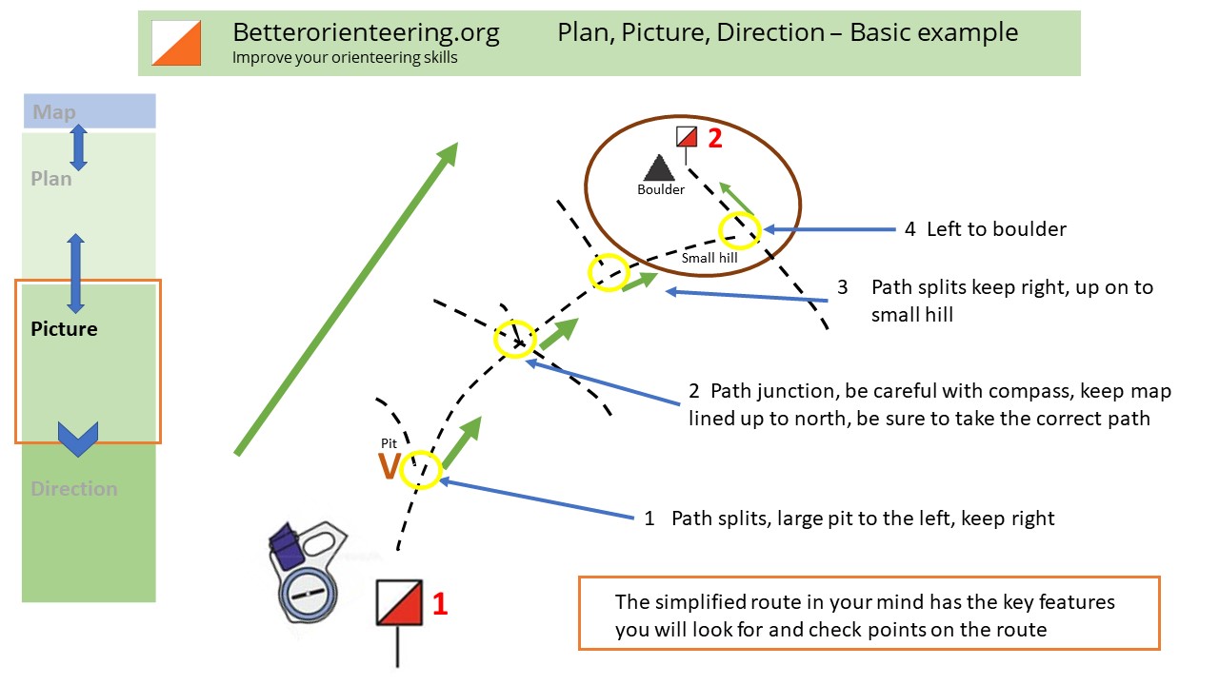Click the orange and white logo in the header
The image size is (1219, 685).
click(177, 43)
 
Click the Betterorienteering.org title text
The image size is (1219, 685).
click(366, 32)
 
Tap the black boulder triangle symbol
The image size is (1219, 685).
click(659, 167)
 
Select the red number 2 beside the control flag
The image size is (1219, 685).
click(714, 138)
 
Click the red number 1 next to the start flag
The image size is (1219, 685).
click(440, 603)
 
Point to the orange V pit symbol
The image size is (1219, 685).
click(389, 467)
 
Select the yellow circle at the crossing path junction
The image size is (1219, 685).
click(515, 339)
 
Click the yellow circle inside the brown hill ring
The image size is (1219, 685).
click(739, 229)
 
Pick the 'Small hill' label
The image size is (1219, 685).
click(709, 257)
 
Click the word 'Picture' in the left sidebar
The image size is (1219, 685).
click(64, 329)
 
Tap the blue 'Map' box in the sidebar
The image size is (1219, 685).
click(90, 111)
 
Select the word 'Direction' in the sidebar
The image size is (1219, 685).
click(73, 489)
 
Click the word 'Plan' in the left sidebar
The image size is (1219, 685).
click(50, 179)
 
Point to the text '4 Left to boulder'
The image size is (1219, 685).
click(985, 229)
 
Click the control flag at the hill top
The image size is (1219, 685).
click(687, 138)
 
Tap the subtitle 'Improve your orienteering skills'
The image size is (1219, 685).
click(345, 57)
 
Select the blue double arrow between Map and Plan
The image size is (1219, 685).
click(79, 147)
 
